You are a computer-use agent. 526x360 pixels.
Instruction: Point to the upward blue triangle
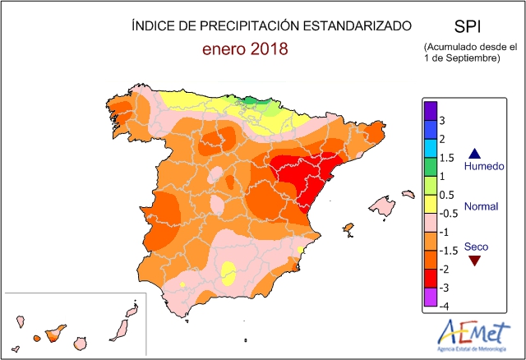point(474,153)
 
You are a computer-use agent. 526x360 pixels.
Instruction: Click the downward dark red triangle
point(474,261)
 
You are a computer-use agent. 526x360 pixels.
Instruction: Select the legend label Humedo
point(484,167)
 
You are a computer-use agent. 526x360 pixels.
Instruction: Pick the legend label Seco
point(475,247)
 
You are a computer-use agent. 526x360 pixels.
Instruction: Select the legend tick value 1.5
point(445,158)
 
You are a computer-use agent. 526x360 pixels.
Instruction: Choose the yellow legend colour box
point(429,204)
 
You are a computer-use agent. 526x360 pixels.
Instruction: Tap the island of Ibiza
point(348,228)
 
